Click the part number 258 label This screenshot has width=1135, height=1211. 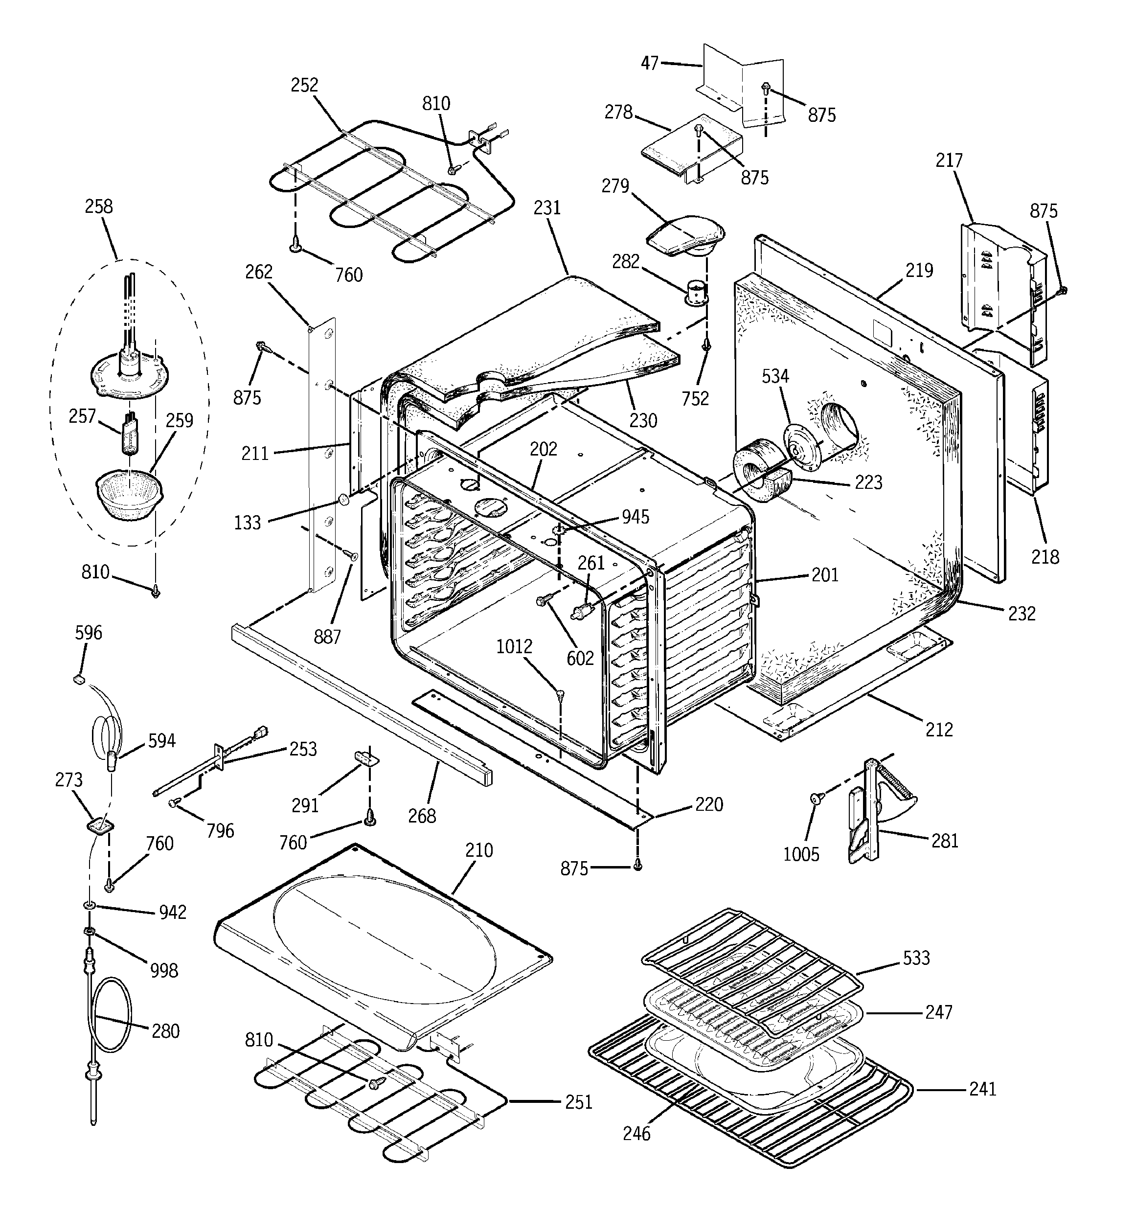point(99,206)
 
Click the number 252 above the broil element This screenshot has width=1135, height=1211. point(304,85)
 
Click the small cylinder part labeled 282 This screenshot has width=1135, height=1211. point(695,293)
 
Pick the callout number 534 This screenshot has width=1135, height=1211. point(775,376)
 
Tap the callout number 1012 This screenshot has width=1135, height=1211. point(514,646)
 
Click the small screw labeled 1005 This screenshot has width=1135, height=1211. point(815,798)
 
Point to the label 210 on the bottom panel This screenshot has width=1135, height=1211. point(479,850)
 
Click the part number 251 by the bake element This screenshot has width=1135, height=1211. point(578,1102)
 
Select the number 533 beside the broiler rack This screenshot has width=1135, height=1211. point(916,958)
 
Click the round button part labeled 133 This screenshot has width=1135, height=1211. point(343,501)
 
